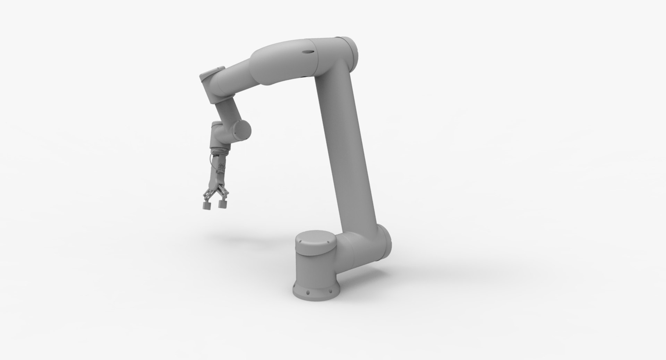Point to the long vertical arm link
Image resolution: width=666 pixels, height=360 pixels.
350,146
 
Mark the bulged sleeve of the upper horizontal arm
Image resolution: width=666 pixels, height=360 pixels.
277,68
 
